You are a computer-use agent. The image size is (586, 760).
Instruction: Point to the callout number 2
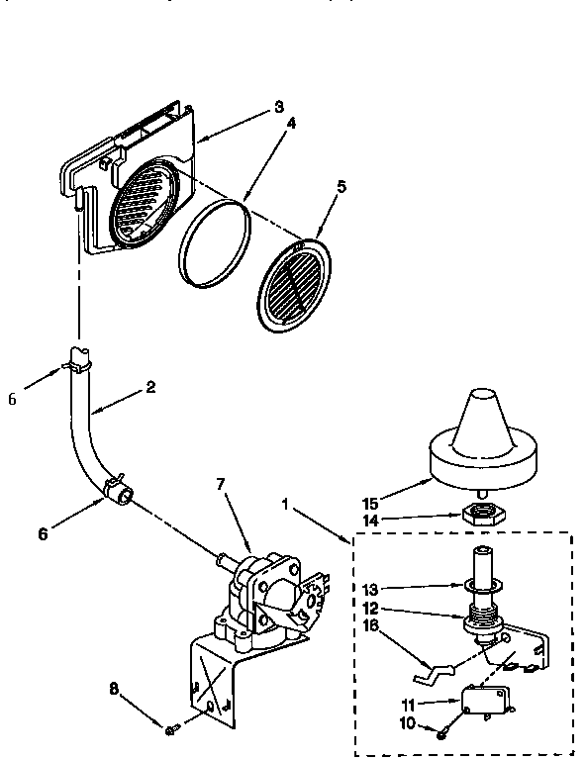(x=150, y=387)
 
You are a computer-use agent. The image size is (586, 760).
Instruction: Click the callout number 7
(x=222, y=484)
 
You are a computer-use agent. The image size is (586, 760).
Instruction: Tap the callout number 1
(x=286, y=504)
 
